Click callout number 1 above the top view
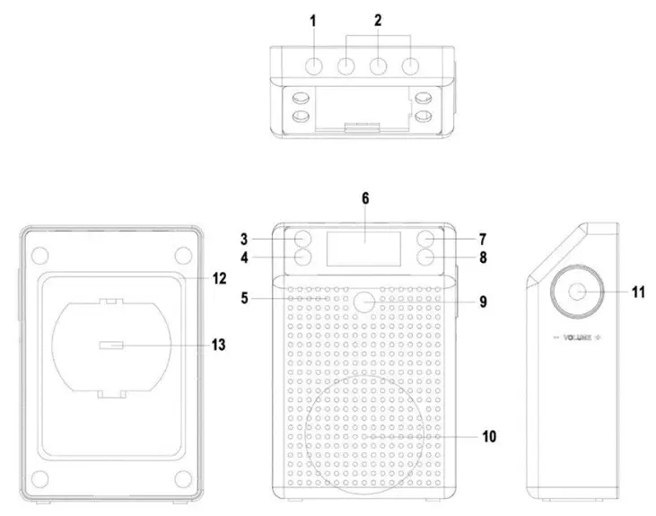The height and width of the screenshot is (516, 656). point(314,21)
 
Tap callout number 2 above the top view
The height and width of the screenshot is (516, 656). point(379,21)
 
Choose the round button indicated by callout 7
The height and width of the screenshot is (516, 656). point(425,240)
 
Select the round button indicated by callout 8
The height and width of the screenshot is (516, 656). point(425,258)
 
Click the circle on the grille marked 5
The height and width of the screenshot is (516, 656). point(363,302)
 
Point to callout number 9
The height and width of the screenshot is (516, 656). point(482,302)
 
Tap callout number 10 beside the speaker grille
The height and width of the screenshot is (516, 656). point(489,437)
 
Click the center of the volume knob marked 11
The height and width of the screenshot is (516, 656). point(573,292)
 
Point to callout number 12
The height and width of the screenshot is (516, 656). point(218,279)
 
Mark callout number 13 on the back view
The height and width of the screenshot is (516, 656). point(218,345)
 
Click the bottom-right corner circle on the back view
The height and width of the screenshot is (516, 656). point(182,477)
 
